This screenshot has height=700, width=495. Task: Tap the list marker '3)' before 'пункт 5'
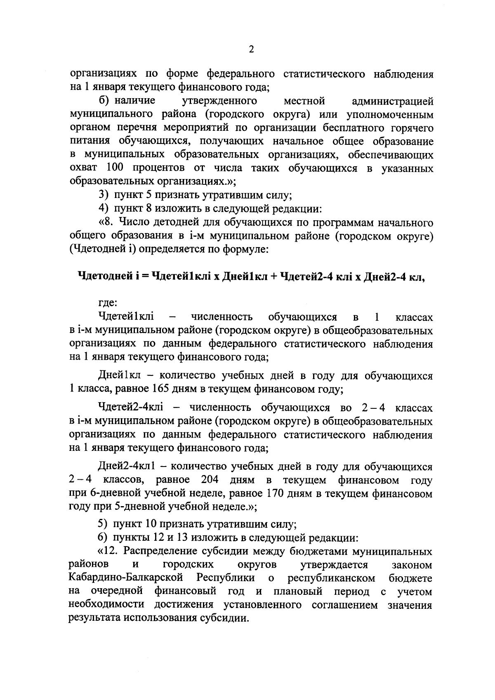click(103, 195)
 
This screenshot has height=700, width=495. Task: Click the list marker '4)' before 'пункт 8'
click(103, 209)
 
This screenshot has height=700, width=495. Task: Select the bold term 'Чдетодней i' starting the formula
click(108, 277)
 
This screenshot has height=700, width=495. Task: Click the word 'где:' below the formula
click(108, 303)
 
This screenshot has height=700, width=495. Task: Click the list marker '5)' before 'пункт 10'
click(103, 524)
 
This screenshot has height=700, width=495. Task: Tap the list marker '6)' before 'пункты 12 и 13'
click(103, 538)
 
